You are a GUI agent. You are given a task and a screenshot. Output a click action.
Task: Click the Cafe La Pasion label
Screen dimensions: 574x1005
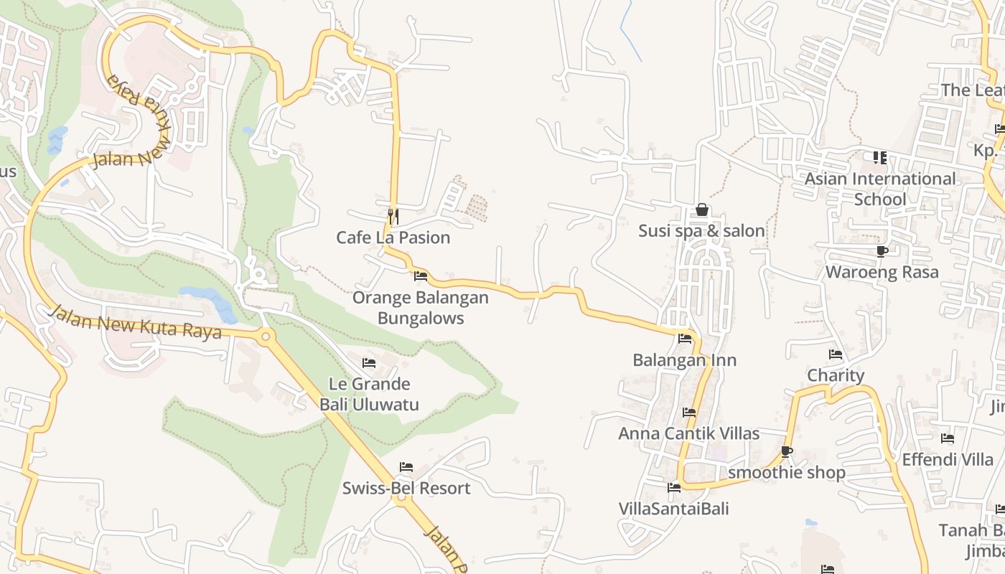393,237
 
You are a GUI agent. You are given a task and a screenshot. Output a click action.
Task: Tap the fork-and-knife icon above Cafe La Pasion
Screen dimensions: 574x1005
393,215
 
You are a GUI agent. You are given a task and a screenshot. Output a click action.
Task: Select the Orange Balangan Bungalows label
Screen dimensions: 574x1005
421,308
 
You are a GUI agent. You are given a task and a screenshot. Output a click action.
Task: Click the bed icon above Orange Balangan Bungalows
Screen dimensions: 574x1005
421,276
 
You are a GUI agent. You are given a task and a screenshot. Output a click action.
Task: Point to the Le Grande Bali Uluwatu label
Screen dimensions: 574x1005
369,394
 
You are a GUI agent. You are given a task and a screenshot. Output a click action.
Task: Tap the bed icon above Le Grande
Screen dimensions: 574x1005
369,363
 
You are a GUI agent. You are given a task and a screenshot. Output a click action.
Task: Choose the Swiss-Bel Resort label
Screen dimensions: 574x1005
406,489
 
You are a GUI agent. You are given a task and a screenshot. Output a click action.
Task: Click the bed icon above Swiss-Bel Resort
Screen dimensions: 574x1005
406,467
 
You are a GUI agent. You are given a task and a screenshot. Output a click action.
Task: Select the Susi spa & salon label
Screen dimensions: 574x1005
702,231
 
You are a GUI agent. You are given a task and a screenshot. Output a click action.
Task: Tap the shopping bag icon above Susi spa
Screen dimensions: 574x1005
702,210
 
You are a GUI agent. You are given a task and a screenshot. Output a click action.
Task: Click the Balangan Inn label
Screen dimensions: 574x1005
685,360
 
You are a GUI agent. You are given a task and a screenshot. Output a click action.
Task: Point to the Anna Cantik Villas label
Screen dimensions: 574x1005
689,434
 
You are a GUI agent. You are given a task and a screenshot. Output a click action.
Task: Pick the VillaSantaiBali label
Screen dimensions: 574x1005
674,509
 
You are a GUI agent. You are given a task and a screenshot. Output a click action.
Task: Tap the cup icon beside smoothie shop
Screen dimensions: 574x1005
787,451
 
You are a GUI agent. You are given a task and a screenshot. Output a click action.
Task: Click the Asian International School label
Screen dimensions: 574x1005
880,189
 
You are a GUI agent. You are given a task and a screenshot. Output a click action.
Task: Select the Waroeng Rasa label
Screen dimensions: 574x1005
882,273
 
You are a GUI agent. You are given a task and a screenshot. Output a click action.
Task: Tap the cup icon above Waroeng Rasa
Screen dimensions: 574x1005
882,251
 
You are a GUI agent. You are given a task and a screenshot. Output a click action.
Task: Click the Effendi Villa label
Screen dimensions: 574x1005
948,460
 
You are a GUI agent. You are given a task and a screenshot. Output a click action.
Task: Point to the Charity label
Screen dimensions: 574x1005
836,376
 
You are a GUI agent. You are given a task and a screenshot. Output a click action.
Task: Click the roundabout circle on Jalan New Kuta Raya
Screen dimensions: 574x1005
266,335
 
